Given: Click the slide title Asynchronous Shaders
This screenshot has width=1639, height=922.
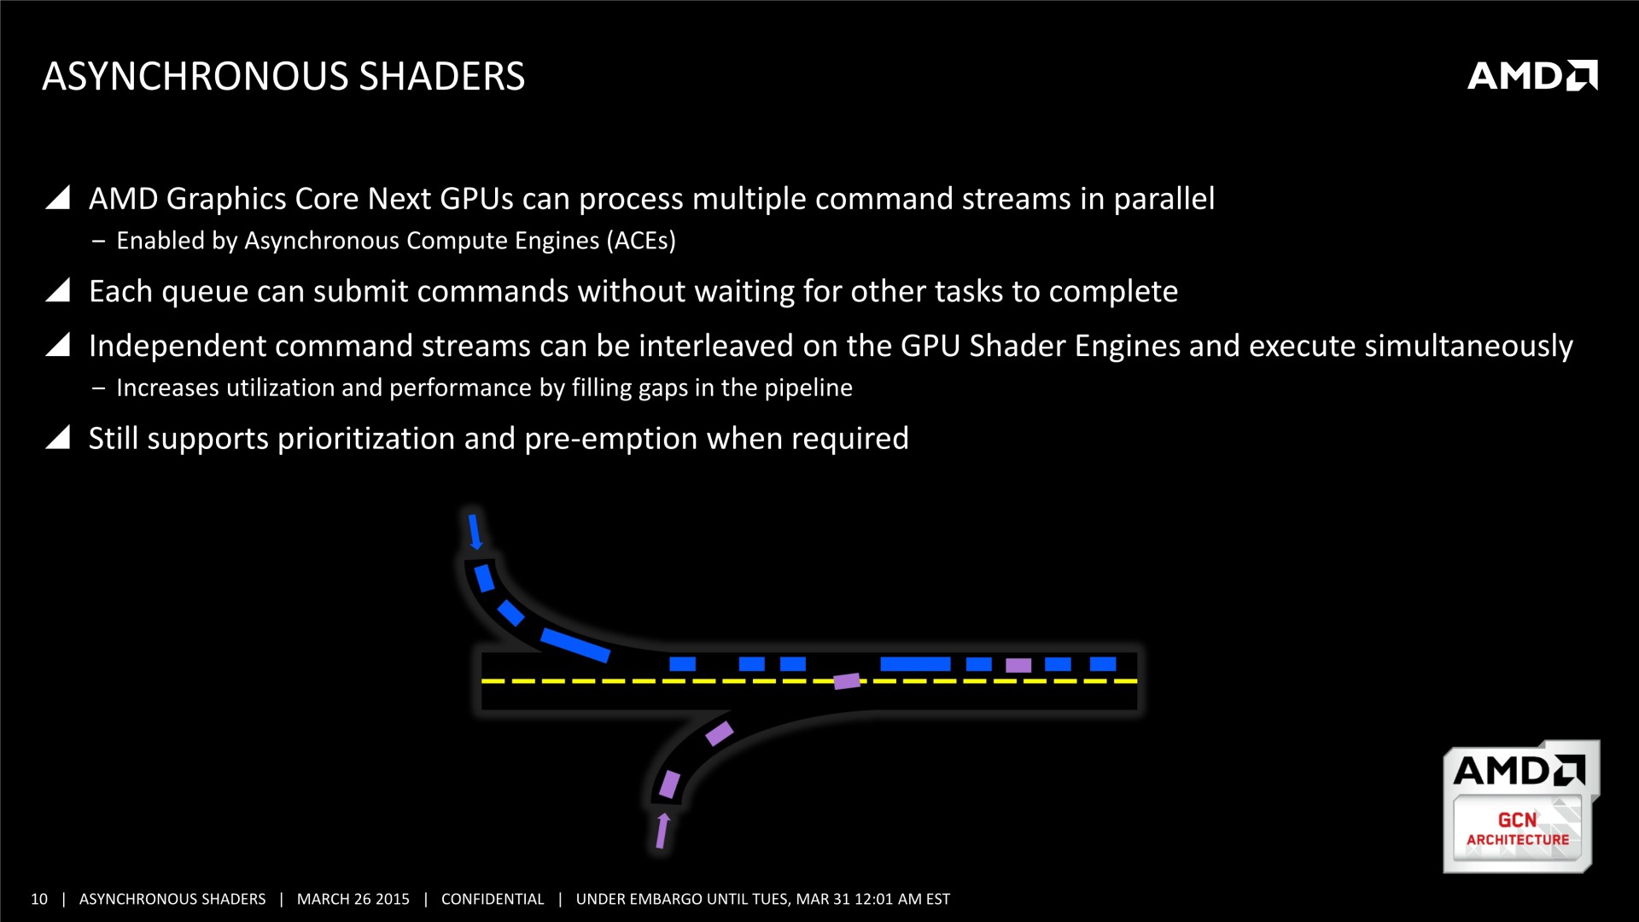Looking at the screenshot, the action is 283,76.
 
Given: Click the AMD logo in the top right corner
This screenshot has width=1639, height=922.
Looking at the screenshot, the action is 1532,75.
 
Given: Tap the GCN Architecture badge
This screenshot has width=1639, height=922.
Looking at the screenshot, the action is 1521,807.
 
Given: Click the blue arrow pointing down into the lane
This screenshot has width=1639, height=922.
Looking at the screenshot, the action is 475,531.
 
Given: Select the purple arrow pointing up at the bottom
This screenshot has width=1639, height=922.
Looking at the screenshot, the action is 662,831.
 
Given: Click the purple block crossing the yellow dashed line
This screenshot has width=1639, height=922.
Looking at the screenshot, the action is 847,680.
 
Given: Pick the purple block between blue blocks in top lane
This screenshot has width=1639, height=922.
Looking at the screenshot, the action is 1018,665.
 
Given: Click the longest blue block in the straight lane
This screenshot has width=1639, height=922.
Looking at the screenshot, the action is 915,664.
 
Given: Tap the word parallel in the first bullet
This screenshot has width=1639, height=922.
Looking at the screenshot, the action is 1164,198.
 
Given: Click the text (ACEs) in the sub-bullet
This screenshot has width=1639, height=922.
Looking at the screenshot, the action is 641,241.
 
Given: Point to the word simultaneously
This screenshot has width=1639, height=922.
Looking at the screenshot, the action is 1468,347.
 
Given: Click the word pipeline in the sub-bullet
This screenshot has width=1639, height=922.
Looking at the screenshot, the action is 808,388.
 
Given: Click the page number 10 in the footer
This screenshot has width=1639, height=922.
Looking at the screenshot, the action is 39,899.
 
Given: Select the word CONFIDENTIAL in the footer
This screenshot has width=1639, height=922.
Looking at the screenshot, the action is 493,899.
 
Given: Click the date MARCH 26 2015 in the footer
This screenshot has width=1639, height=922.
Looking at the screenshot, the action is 353,899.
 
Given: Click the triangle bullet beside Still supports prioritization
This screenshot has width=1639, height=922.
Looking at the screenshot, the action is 57,437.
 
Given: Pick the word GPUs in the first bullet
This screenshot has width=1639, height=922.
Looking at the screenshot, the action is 476,198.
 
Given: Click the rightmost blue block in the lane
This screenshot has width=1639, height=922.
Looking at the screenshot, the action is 1103,664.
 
